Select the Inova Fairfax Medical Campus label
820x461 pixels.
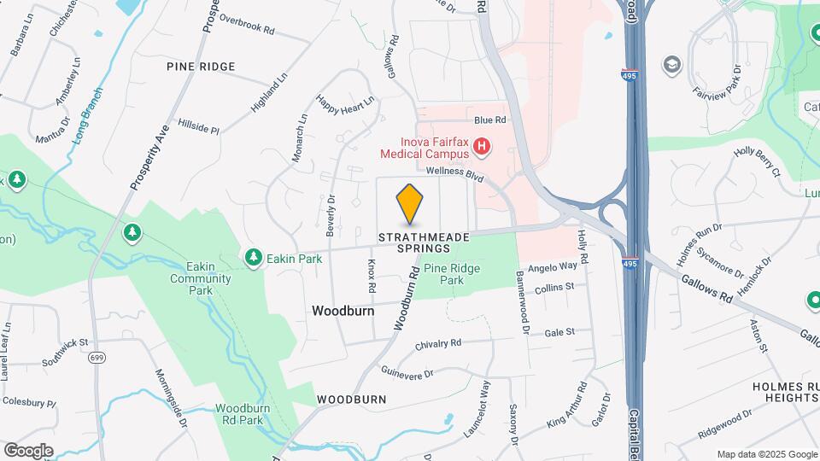(424, 148)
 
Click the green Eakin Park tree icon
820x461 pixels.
(253, 256)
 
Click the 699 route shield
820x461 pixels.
(97, 358)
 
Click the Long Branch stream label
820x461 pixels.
(89, 114)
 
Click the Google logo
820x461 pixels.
(29, 450)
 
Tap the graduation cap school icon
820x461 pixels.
(672, 64)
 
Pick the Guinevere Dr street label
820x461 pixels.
(407, 373)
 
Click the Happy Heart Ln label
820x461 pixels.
(345, 102)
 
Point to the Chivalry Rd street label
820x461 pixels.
(437, 344)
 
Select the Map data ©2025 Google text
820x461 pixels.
(765, 454)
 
